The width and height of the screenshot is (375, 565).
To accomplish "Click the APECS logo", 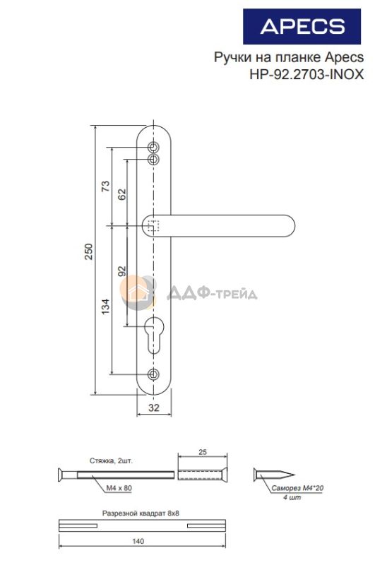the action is point(302,27).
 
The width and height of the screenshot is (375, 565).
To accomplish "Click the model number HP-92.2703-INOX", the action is point(306,74).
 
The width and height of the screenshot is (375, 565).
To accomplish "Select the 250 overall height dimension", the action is point(88,251).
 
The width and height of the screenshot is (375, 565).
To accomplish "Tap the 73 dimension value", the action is point(105,186).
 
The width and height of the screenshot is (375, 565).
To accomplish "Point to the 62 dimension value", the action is point(122,194).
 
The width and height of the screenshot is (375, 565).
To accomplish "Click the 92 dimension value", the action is point(122,271).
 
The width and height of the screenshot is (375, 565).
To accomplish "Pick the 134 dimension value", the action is point(105,307).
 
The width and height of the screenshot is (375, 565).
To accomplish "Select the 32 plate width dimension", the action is point(154,408).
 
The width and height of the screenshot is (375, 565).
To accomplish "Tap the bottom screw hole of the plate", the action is point(154,374).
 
